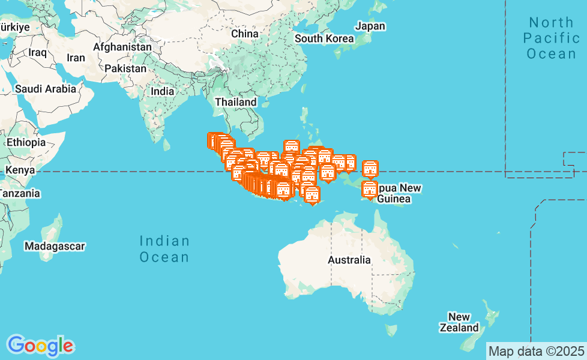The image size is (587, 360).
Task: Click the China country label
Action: pos(245,34)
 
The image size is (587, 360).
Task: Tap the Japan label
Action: pos(370,26)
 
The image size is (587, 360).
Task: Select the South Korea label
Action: pos(324,38)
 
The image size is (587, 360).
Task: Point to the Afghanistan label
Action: pos(122,46)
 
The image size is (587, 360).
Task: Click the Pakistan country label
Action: pos(125,68)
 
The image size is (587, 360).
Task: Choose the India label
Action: pos(163,91)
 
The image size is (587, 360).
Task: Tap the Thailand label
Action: pos(236,102)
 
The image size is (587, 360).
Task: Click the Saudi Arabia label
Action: pos(46,89)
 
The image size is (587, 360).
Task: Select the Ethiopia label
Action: pos(26,142)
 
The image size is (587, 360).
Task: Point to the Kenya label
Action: pos(20,170)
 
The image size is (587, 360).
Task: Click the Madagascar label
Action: pos(55,246)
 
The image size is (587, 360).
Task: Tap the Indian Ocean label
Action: pos(164,249)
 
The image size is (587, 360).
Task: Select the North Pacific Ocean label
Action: pos(551,38)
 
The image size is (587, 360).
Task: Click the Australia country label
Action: pos(349,260)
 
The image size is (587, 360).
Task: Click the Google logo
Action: pos(40,346)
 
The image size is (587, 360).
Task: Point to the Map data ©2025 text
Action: pos(536,350)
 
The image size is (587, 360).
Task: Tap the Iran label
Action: pos(76,58)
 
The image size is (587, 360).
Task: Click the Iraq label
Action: pos(37,52)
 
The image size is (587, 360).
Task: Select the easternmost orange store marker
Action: pos(370,169)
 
